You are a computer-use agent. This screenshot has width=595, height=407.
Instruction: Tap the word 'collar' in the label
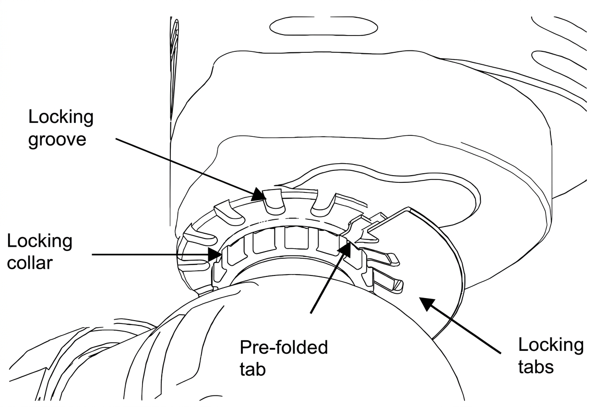click(30, 263)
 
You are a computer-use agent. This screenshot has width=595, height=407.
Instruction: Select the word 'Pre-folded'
click(284, 347)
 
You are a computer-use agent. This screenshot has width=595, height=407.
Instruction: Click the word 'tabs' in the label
click(536, 368)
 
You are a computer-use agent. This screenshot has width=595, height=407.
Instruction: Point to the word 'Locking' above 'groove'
click(60, 117)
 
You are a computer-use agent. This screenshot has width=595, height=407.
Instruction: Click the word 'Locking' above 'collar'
click(39, 241)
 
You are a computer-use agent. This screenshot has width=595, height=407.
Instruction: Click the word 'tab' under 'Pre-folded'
click(252, 369)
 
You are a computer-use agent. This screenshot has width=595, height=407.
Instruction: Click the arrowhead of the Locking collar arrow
click(215, 254)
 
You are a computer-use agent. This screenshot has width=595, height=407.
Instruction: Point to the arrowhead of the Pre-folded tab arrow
click(345, 250)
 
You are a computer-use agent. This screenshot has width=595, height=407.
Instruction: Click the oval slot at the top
click(323, 26)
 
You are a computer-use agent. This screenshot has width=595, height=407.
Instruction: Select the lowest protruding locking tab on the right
click(388, 282)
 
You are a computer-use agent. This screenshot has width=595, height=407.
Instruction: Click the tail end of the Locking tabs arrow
click(500, 353)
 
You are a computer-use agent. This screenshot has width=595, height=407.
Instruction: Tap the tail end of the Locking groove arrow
click(116, 138)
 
